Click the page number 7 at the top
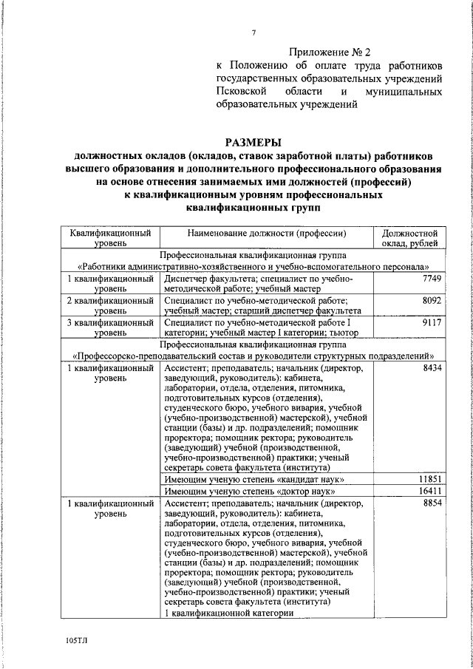(x=253, y=33)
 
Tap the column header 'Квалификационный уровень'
(x=110, y=238)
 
